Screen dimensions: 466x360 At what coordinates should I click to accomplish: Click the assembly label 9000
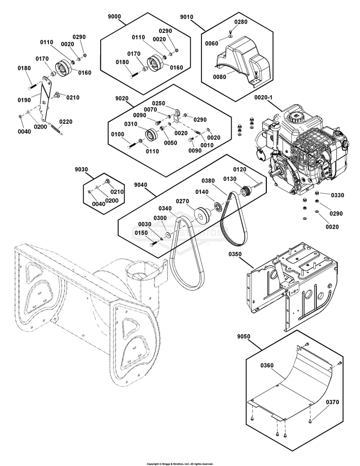114,16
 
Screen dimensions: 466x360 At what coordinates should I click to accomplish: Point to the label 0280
240,22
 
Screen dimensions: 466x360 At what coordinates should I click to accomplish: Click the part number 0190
24,100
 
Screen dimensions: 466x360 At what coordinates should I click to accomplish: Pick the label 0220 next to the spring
66,121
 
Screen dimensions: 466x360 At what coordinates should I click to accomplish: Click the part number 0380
208,180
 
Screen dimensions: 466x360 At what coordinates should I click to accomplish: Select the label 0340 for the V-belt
165,208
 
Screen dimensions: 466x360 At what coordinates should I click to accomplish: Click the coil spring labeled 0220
56,127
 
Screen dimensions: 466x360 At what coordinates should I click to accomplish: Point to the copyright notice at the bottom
180,464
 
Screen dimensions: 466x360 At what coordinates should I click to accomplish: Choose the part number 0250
159,103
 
